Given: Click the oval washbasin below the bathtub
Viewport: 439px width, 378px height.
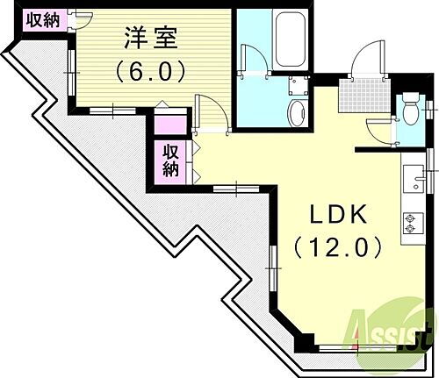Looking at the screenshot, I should [x=297, y=113].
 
